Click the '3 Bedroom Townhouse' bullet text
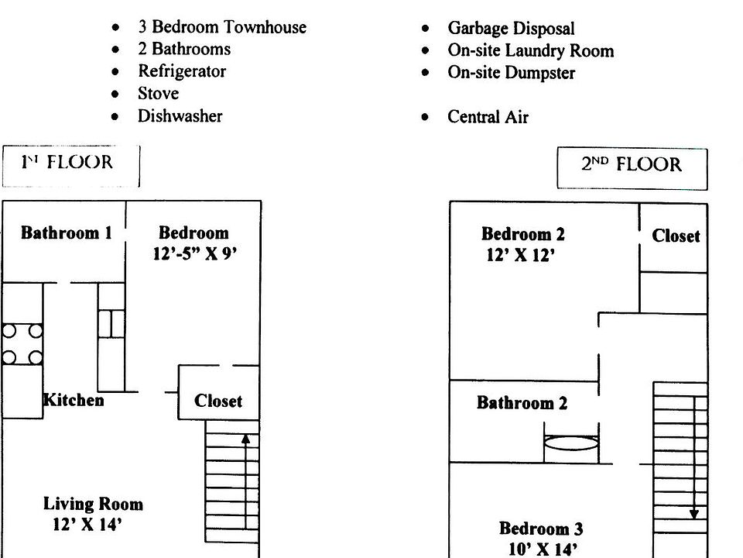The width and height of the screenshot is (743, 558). coord(221,27)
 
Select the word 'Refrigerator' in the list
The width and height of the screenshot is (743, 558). coord(182,71)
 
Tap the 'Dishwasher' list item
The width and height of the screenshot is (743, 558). coord(180,116)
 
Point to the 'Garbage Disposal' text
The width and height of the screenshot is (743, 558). coord(511,29)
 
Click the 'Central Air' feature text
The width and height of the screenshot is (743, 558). coord(488,118)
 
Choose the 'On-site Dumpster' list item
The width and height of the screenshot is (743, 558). coord(511,73)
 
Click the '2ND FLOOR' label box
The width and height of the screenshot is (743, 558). coord(632,165)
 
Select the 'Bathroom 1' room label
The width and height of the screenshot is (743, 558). coord(67,232)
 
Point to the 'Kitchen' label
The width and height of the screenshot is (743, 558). coord(74,400)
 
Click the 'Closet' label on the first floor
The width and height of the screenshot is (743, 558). coord(217,401)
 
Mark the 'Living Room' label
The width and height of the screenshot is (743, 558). coord(93,505)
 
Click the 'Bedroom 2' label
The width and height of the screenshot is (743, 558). coord(522,234)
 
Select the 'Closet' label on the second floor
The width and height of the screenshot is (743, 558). coord(676,236)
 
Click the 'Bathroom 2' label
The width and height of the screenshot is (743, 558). coord(522,403)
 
